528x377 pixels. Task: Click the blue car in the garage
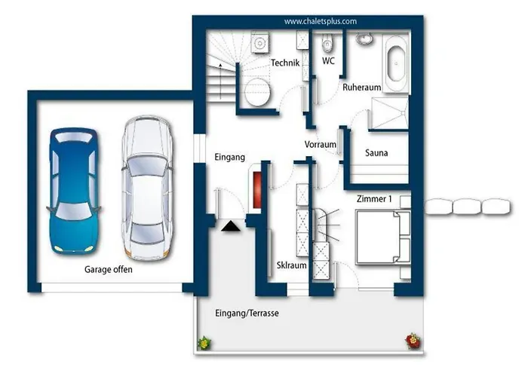(x=73, y=191)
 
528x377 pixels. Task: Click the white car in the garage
(x=147, y=188)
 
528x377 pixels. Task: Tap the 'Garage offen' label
(x=109, y=270)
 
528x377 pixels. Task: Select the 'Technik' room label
(x=285, y=63)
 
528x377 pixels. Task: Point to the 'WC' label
(x=328, y=61)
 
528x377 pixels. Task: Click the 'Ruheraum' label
(x=361, y=87)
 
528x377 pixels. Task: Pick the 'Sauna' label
(x=376, y=153)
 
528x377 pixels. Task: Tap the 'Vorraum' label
(x=321, y=145)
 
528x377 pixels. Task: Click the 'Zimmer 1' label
(x=374, y=199)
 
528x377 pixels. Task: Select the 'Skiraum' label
(x=292, y=265)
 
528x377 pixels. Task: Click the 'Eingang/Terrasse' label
(x=247, y=314)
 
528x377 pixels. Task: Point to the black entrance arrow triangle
(x=231, y=226)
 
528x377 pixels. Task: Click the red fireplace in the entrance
(x=257, y=189)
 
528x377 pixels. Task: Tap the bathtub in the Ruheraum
(x=396, y=63)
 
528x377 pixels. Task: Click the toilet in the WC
(x=327, y=43)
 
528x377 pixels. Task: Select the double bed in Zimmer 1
(x=383, y=237)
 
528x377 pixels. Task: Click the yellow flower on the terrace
(x=204, y=343)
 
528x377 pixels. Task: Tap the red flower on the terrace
(x=413, y=341)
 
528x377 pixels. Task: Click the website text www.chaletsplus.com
(x=321, y=22)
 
